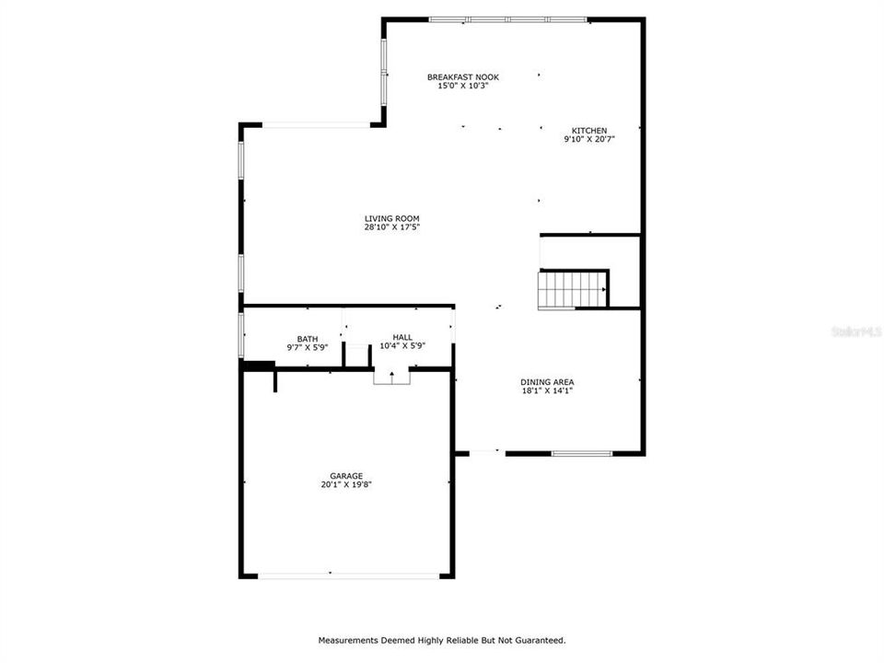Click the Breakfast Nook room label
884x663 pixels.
click(463, 77)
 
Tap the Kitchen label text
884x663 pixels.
click(589, 131)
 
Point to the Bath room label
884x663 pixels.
click(308, 338)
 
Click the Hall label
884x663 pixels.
click(402, 338)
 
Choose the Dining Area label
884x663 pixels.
click(548, 381)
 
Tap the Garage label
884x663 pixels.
click(346, 475)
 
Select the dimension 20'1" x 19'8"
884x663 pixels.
click(346, 484)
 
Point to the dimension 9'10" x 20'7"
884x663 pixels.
click(589, 140)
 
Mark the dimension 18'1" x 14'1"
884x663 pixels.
click(548, 390)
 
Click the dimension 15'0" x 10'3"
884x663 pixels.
click(463, 87)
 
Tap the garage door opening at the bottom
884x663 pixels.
click(348, 576)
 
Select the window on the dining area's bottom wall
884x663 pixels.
click(582, 453)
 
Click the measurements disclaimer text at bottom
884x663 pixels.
click(442, 639)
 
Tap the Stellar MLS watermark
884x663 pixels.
click(855, 331)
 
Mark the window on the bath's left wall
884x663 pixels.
click(241, 335)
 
